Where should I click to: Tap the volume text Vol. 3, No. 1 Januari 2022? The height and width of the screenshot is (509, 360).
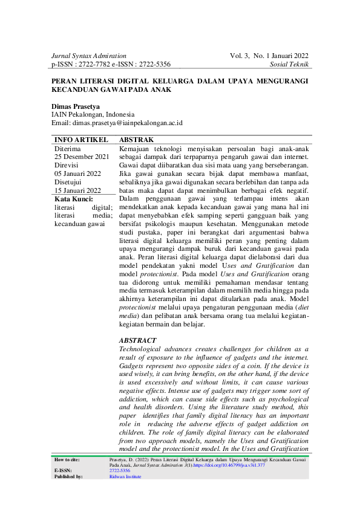[x=269, y=56]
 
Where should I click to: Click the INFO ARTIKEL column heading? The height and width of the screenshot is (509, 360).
[x=82, y=140]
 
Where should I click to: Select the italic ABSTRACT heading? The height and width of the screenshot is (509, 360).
[x=138, y=341]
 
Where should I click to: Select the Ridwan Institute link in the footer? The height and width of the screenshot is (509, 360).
[x=125, y=476]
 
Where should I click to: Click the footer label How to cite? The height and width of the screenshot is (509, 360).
[x=67, y=459]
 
